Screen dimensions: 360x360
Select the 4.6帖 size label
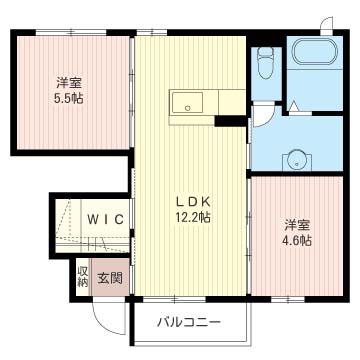click(x=297, y=240)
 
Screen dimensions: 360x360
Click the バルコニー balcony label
click(x=188, y=322)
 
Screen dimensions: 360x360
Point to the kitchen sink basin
click(x=187, y=102)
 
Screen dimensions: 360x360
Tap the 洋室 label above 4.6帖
click(x=297, y=224)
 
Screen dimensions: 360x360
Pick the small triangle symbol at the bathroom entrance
click(x=294, y=105)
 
